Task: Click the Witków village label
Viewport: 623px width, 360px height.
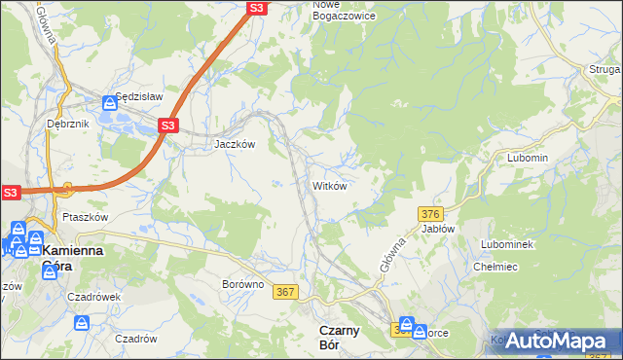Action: (329, 186)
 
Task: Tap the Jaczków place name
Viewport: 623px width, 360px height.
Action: (235, 143)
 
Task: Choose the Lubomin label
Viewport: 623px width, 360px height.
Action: (528, 158)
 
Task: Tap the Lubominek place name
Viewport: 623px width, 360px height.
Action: (507, 244)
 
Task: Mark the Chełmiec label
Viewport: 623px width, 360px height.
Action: (493, 267)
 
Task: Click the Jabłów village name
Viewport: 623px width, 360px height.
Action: (438, 229)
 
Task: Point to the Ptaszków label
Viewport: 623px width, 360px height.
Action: (84, 217)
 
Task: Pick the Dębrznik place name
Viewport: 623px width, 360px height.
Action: (67, 125)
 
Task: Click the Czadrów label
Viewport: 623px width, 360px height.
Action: (136, 339)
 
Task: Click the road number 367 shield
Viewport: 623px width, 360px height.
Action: (285, 292)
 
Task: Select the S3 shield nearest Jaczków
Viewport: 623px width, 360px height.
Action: (168, 126)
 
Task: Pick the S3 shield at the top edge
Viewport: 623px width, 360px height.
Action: (256, 8)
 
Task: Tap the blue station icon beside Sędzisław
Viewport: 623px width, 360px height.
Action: (111, 103)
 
